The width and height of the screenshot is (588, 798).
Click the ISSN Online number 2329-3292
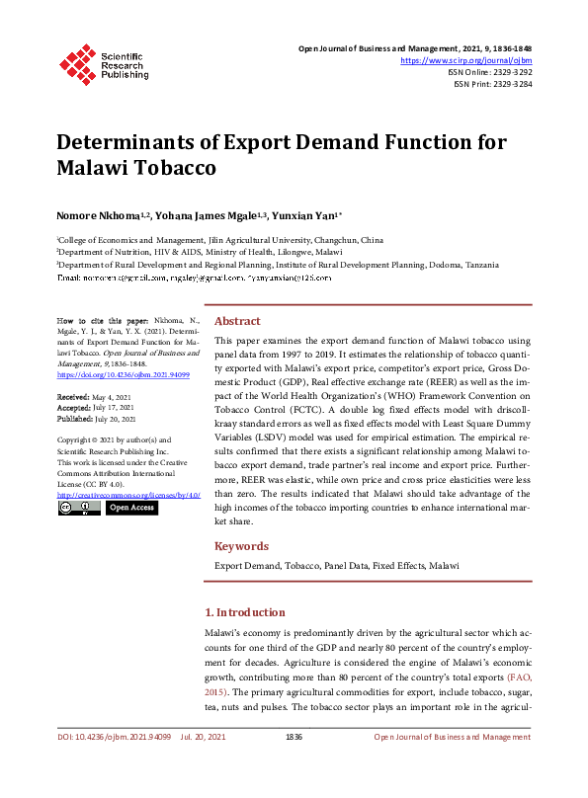point(509,72)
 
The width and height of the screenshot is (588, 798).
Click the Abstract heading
point(237,321)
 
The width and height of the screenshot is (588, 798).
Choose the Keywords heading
point(241,546)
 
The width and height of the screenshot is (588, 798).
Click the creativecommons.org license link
point(128,494)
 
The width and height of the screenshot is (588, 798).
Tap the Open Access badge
point(131,508)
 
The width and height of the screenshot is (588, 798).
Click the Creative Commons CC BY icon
point(79,508)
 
